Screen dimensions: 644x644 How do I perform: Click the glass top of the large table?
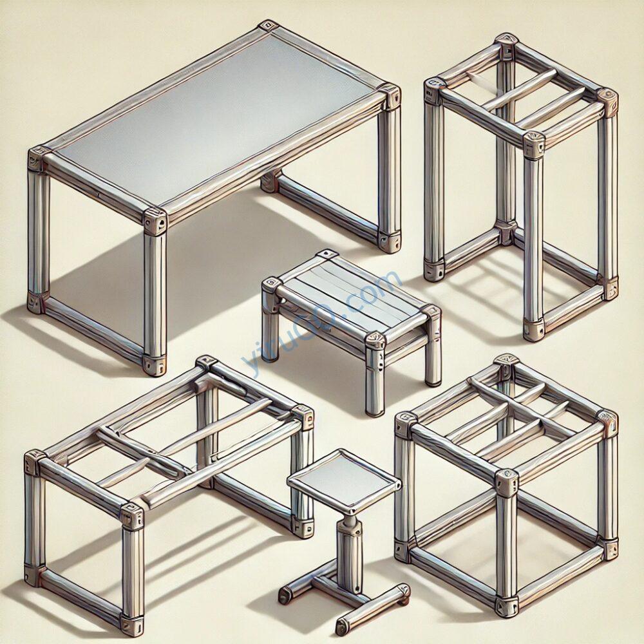214,119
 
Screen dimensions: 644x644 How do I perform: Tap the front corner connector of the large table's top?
155,222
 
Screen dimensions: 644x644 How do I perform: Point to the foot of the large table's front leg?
155,365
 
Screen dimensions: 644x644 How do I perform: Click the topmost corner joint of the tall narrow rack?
507,43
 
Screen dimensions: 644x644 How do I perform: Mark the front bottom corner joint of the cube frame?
506,607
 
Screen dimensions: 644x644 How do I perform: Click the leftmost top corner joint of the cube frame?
406,424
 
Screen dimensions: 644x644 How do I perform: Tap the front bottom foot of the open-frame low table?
132,625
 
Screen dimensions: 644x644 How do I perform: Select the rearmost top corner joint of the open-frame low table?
207,363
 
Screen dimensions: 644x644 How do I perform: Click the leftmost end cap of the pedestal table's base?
284,596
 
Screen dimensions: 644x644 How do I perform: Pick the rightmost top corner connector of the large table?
389,97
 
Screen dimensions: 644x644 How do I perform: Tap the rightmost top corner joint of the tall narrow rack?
607,100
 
